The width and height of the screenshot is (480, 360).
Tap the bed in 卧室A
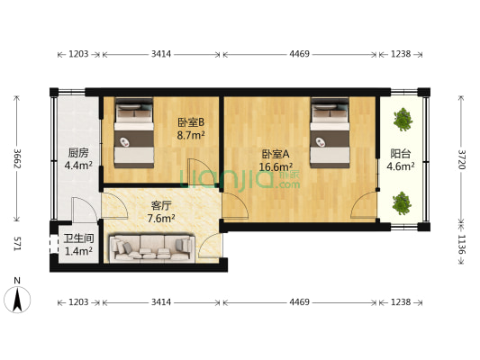330,135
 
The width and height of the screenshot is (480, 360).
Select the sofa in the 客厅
151,248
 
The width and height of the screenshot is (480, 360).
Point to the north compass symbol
15,296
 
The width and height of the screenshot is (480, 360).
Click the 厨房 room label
78,152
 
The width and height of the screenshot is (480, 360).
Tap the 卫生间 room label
78,238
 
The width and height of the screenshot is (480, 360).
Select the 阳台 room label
400,153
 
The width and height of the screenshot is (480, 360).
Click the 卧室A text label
276,153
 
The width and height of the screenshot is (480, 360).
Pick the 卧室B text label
190,122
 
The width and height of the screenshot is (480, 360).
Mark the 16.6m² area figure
276,166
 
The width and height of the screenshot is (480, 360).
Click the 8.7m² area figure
190,136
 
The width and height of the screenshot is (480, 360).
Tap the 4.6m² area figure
400,166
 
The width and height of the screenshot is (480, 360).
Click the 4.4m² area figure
78,166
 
